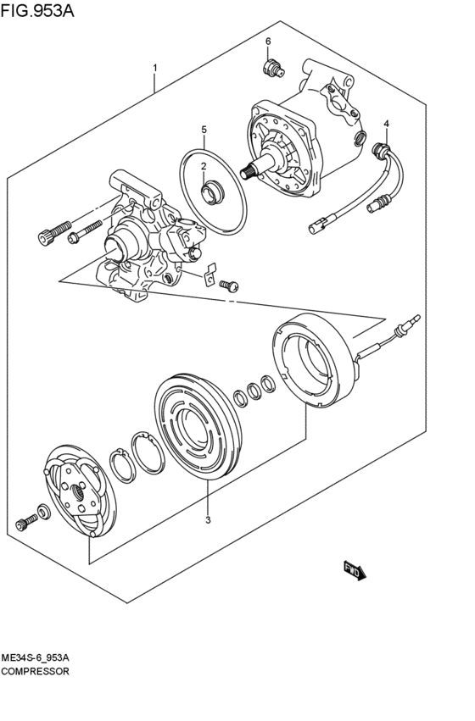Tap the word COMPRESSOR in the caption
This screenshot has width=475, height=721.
(x=36, y=670)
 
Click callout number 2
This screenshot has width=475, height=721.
(x=204, y=166)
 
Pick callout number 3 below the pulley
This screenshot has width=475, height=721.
(x=208, y=520)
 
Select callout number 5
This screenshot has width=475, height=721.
(x=204, y=130)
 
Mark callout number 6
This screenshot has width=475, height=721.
(x=267, y=41)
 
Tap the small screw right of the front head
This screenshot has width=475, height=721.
(x=227, y=286)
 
